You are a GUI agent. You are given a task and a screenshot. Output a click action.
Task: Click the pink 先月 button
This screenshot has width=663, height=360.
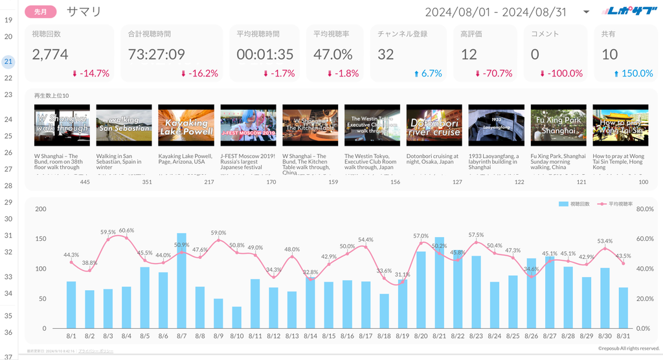(x=40, y=12)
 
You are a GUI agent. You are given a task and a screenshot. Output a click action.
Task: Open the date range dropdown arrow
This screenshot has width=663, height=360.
(x=586, y=12)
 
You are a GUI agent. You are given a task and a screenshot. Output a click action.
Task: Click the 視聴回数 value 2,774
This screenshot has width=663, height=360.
(x=51, y=54)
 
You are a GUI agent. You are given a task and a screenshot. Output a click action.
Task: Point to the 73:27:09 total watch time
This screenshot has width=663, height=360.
(x=156, y=54)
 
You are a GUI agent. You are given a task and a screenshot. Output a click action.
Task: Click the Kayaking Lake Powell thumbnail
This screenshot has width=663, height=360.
(x=186, y=126)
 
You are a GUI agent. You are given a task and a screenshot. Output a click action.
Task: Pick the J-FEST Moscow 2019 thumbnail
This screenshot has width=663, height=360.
(x=248, y=126)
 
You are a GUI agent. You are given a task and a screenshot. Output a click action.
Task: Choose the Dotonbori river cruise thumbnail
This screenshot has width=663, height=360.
(x=434, y=126)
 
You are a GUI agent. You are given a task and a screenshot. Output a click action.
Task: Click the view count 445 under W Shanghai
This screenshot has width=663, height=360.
(x=85, y=182)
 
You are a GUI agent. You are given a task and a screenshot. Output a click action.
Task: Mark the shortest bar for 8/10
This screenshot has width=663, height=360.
(x=237, y=317)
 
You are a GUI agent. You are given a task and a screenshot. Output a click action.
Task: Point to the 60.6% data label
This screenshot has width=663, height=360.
(x=126, y=231)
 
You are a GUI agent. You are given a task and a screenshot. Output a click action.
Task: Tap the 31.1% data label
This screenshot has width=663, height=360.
(x=403, y=275)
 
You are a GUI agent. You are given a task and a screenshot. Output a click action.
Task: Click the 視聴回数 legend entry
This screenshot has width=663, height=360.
(x=575, y=204)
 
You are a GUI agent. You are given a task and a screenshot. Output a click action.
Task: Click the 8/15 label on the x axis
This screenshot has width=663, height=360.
(x=329, y=336)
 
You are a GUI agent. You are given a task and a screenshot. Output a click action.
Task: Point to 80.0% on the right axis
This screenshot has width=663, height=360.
(x=646, y=209)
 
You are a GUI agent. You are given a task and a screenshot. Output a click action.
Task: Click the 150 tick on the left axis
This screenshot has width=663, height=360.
(x=41, y=239)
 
